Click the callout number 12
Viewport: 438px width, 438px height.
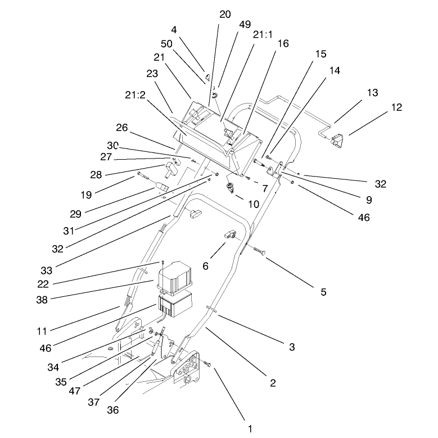396,107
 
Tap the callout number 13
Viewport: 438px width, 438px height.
372,93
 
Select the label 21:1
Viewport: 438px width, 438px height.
263,35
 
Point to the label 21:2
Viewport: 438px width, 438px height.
135,95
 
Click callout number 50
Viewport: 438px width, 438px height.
166,44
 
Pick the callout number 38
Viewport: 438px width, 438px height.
42,300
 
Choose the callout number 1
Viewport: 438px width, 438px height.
250,428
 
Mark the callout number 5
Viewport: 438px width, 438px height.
323,292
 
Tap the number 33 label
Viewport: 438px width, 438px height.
46,270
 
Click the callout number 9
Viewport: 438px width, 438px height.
369,200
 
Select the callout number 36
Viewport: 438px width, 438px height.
113,410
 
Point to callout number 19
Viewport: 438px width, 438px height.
86,195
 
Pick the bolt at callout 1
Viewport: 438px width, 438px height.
207,364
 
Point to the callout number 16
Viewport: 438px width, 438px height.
283,44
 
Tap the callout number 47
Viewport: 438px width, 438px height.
75,391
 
